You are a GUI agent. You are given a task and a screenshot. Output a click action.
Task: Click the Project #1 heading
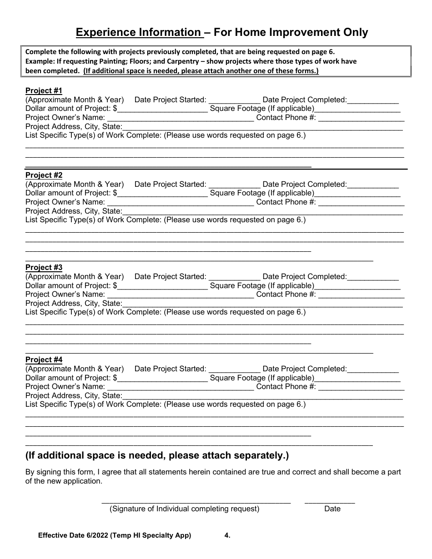tap(44, 90)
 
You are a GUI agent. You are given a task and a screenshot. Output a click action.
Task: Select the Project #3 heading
tap(44, 267)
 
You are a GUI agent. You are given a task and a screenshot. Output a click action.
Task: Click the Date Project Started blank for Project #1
tap(234, 101)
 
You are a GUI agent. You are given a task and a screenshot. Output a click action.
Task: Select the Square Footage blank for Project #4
tap(357, 379)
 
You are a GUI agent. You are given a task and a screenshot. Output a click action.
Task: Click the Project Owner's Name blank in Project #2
tap(180, 203)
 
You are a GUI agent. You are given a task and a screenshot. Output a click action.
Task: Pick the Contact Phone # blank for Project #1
tap(361, 119)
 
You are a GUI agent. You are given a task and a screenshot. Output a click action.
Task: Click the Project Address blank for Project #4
tap(262, 397)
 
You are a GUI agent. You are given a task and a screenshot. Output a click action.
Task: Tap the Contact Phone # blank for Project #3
tap(361, 295)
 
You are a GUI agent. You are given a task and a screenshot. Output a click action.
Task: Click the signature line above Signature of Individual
tap(196, 502)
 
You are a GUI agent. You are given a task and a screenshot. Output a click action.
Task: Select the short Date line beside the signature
tap(330, 502)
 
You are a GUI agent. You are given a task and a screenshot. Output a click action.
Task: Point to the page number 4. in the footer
tap(227, 536)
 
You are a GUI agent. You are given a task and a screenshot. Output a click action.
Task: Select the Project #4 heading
tap(44, 359)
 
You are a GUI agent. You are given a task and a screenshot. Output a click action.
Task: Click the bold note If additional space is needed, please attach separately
tap(157, 455)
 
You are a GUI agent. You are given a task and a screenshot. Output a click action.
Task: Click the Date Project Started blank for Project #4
tap(234, 370)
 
